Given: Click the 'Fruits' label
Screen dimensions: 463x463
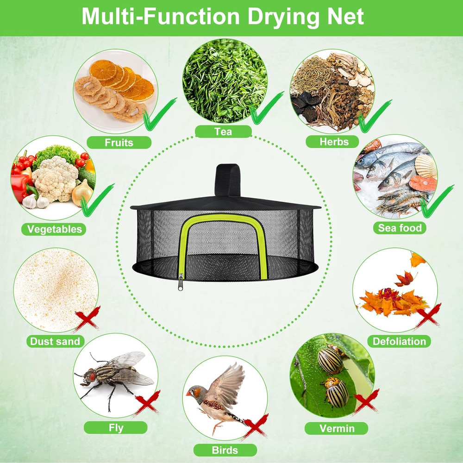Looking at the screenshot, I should (x=119, y=142).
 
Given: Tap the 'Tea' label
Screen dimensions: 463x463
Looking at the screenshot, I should (x=223, y=132).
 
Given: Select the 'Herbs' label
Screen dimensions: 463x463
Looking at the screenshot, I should (x=334, y=141).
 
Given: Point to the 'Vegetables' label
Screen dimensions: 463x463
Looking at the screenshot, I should (x=54, y=229).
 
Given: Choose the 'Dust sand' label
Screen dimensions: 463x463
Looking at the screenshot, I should (x=55, y=342).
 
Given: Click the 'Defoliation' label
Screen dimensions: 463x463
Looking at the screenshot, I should (x=399, y=342).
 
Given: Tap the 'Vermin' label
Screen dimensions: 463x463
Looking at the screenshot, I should (x=337, y=428).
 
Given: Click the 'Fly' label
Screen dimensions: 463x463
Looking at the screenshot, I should (x=115, y=427).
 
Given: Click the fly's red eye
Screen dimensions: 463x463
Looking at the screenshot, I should (x=91, y=376).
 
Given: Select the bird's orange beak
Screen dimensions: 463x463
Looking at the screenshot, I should (x=189, y=394).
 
